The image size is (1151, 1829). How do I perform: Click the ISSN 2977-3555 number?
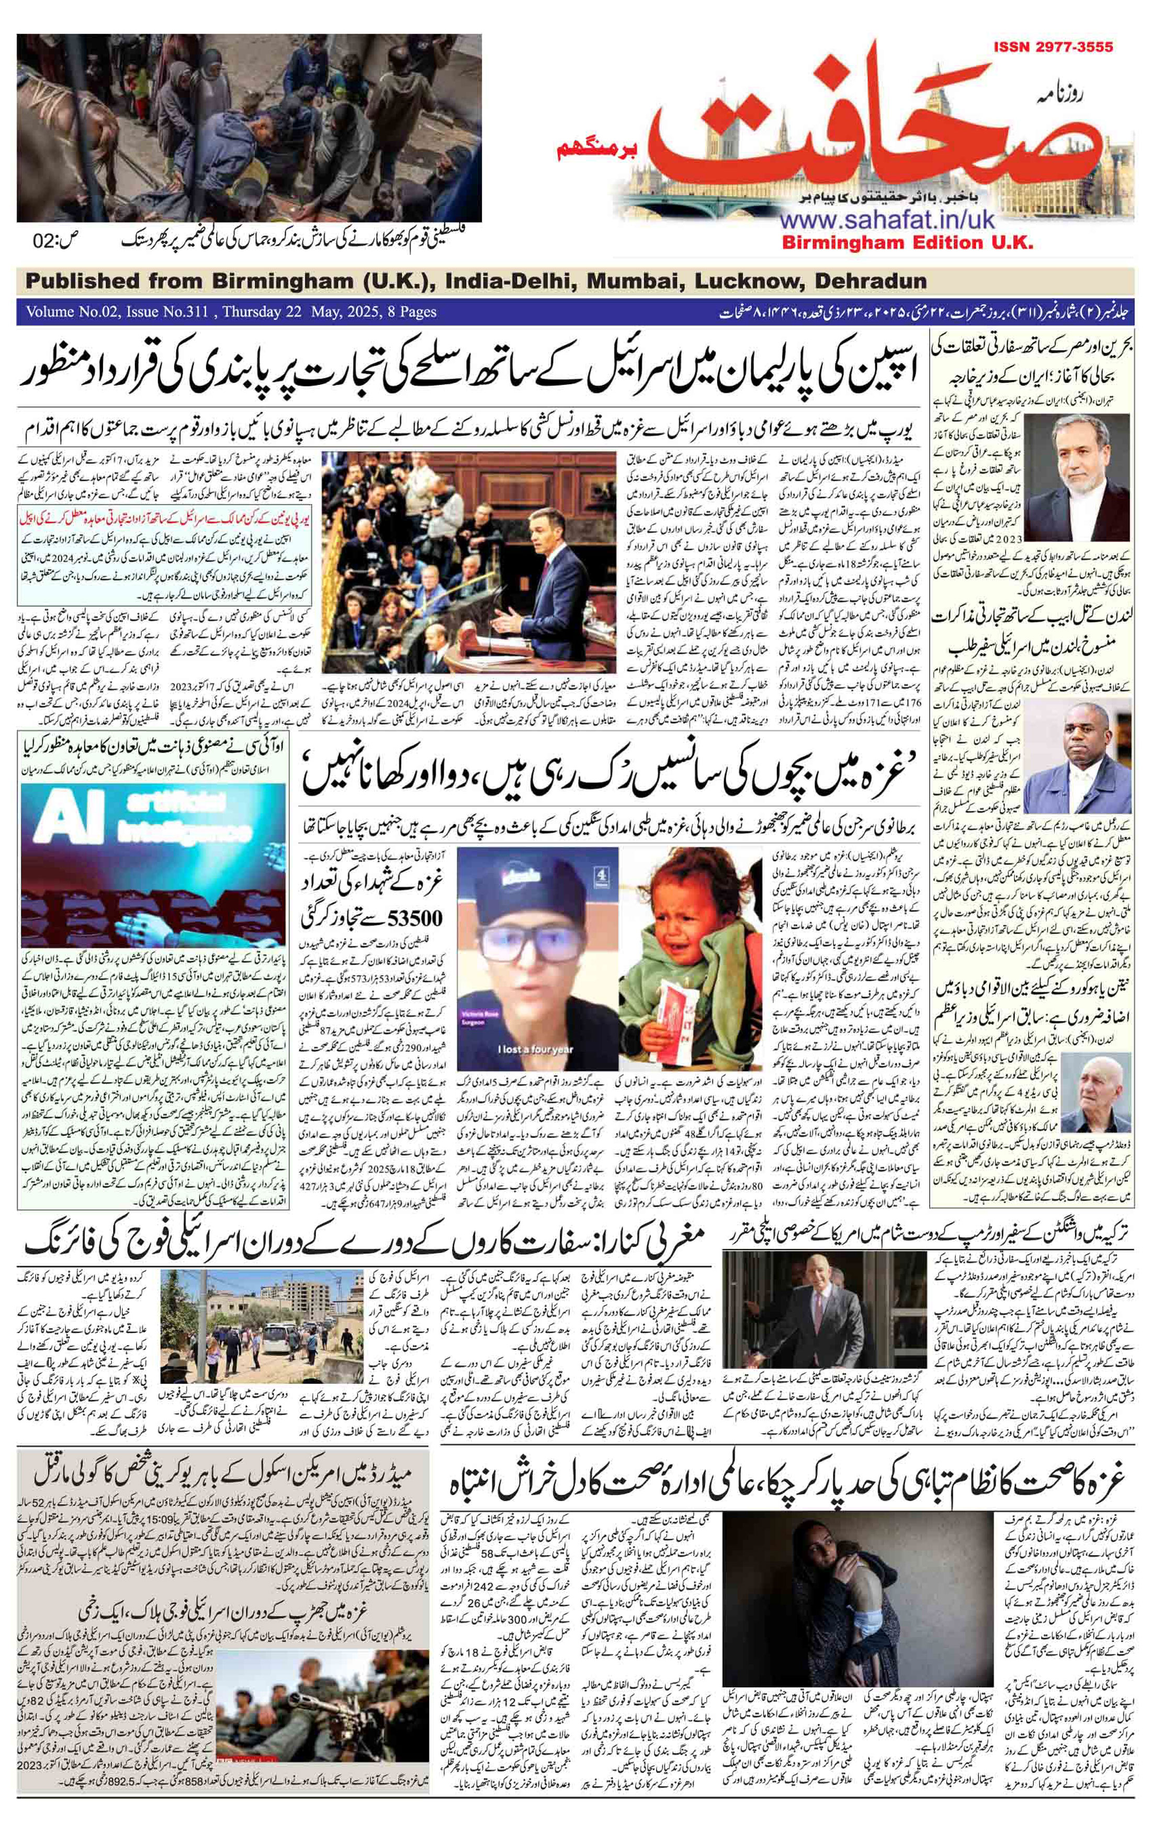click(x=1052, y=48)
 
